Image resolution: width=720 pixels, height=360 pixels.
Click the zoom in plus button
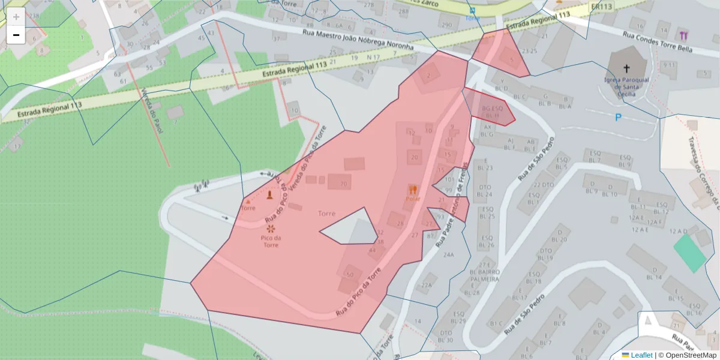pos(16,17)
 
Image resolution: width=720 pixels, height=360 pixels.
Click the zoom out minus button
pos(16,35)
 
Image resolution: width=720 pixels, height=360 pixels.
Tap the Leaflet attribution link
pos(641,355)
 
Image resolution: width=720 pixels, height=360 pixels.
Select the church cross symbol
pos(627,68)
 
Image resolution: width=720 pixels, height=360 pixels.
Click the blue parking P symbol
pos(618,118)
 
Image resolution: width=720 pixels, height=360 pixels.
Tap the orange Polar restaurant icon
pos(413,190)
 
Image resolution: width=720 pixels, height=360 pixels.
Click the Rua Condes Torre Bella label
pos(658,42)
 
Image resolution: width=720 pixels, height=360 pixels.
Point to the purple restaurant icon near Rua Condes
pos(684,35)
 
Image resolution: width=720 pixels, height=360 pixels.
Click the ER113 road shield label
pos(601,7)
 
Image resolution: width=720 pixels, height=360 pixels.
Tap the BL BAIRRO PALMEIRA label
pos(485,275)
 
